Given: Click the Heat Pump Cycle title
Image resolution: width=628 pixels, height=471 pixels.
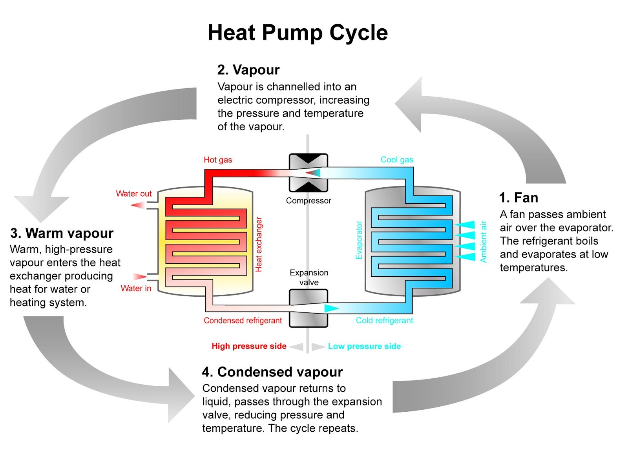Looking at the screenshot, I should coord(298,33).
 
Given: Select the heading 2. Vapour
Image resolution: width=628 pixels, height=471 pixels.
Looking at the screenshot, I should coord(248,70).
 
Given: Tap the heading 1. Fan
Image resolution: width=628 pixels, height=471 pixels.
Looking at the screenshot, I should coord(518,197).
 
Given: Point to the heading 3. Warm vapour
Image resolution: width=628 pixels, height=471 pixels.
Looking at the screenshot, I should coord(62,233).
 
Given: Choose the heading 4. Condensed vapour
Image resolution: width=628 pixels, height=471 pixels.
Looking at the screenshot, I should coord(272,372).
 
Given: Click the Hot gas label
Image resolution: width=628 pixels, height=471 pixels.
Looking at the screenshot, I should coord(218,160).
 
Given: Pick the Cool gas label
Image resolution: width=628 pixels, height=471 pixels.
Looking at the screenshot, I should coord(397,160).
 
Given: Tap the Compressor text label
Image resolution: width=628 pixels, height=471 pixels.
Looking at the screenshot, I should coord(309,201).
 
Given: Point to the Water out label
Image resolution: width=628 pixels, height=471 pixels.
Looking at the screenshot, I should coord(133,194).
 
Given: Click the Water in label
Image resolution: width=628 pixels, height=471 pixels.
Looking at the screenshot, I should coord(136,288).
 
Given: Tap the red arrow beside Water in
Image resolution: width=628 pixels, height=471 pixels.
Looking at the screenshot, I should coord(140,277).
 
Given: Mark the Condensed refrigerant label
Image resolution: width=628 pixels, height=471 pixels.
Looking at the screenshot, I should coord(243,321).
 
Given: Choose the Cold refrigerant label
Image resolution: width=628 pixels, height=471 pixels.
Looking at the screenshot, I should coord(384,321).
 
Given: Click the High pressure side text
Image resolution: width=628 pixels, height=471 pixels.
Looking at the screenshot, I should coord(249,346).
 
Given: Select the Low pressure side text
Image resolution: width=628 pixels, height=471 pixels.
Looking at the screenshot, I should coord(364,346).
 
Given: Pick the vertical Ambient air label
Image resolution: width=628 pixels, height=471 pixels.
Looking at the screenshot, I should coord(484,241).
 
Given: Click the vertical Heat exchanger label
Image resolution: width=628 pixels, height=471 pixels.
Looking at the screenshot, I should coord(259,244).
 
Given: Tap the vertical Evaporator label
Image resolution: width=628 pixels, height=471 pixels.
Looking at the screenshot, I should coord(359,240).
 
